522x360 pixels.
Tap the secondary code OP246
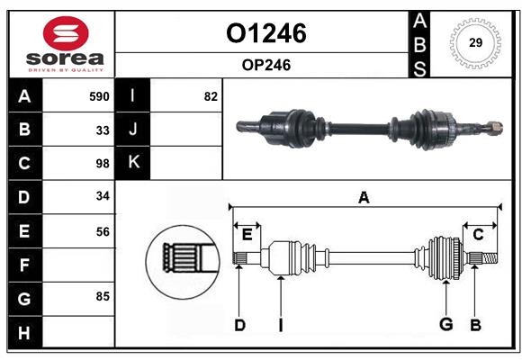pyautogui.click(x=265, y=65)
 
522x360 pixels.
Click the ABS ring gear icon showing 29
pyautogui.click(x=475, y=43)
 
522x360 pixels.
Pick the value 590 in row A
pyautogui.click(x=98, y=96)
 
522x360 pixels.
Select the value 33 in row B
pyautogui.click(x=102, y=130)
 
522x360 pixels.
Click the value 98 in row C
pyautogui.click(x=102, y=164)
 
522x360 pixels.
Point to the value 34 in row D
pyautogui.click(x=102, y=197)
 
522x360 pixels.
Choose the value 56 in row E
pyautogui.click(x=102, y=231)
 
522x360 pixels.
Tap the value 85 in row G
pyautogui.click(x=102, y=296)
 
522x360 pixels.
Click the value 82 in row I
pyautogui.click(x=210, y=96)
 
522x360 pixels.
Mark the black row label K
pyautogui.click(x=133, y=163)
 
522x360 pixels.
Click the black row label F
pyautogui.click(x=24, y=265)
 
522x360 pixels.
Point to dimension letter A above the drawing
pyautogui.click(x=364, y=197)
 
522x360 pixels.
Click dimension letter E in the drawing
pyautogui.click(x=247, y=235)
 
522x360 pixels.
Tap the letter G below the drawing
pyautogui.click(x=445, y=325)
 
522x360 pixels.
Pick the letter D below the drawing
pyautogui.click(x=239, y=325)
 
